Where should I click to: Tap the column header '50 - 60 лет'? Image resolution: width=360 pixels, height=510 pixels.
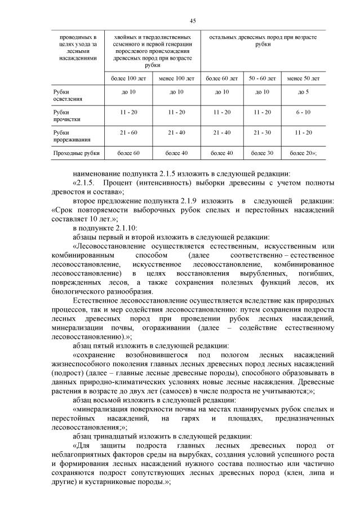[x=262, y=78]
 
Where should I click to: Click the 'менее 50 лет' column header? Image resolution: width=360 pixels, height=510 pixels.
[x=303, y=78]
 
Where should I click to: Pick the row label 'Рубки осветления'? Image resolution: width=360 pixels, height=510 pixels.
[x=66, y=95]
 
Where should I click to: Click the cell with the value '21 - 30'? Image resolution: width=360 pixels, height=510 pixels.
[x=262, y=132]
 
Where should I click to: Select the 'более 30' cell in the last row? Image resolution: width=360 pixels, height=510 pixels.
[x=262, y=153]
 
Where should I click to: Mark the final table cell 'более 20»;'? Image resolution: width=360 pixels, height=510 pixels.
[x=303, y=153]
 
